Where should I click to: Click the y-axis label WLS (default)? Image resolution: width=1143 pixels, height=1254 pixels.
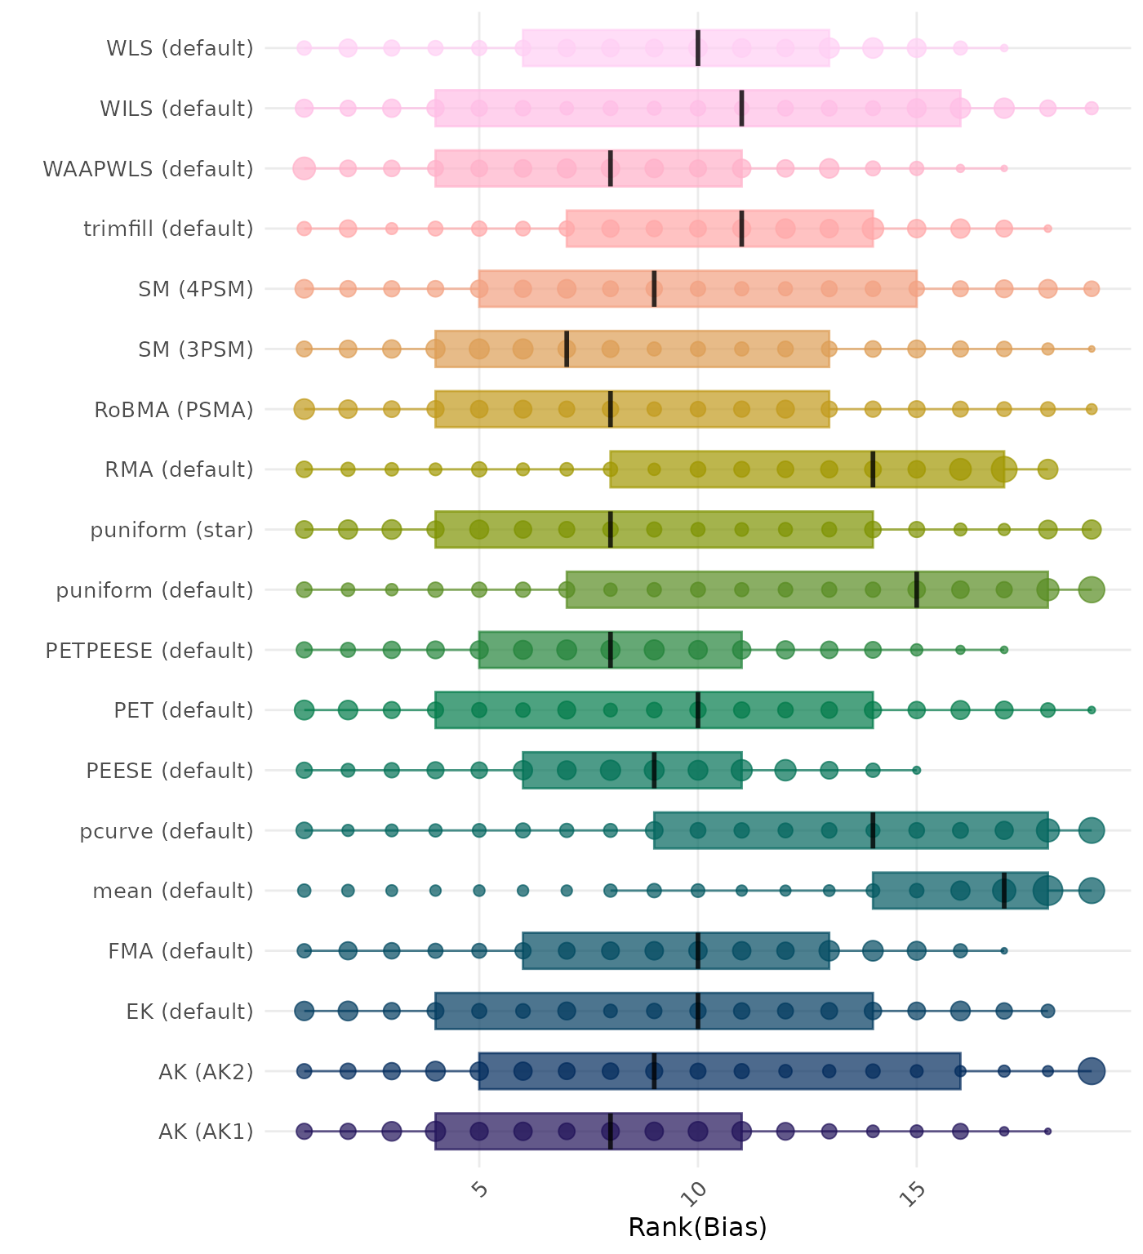[x=180, y=48]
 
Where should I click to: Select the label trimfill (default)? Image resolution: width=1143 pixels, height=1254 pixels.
[x=168, y=229]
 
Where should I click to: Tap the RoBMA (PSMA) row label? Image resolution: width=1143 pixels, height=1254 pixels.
[x=174, y=409]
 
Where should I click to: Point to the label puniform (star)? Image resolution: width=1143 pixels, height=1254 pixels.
[x=171, y=530]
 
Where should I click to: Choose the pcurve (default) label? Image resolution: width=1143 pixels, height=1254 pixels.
[x=167, y=830]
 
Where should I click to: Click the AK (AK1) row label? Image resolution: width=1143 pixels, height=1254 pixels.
[x=206, y=1132]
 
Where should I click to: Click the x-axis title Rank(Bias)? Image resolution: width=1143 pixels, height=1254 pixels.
[x=697, y=1227]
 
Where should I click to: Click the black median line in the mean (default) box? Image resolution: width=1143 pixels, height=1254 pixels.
[x=1004, y=891]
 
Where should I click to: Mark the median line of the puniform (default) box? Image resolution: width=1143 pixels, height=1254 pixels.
[x=917, y=589]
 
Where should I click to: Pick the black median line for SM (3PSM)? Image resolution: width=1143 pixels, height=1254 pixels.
[x=567, y=349]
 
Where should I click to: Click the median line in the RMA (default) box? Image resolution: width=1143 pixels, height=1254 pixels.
[x=873, y=469]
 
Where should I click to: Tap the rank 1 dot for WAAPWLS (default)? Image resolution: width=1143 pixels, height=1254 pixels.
[x=305, y=169]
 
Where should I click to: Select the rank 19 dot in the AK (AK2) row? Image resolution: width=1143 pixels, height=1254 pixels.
[x=1092, y=1071]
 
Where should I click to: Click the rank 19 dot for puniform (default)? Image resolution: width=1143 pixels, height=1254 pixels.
[x=1092, y=589]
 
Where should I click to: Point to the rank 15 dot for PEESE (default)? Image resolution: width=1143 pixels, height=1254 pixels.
[x=917, y=770]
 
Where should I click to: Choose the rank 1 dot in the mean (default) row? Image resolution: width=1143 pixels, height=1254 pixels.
[x=305, y=891]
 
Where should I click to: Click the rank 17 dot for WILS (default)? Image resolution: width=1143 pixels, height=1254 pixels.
[x=1004, y=108]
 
